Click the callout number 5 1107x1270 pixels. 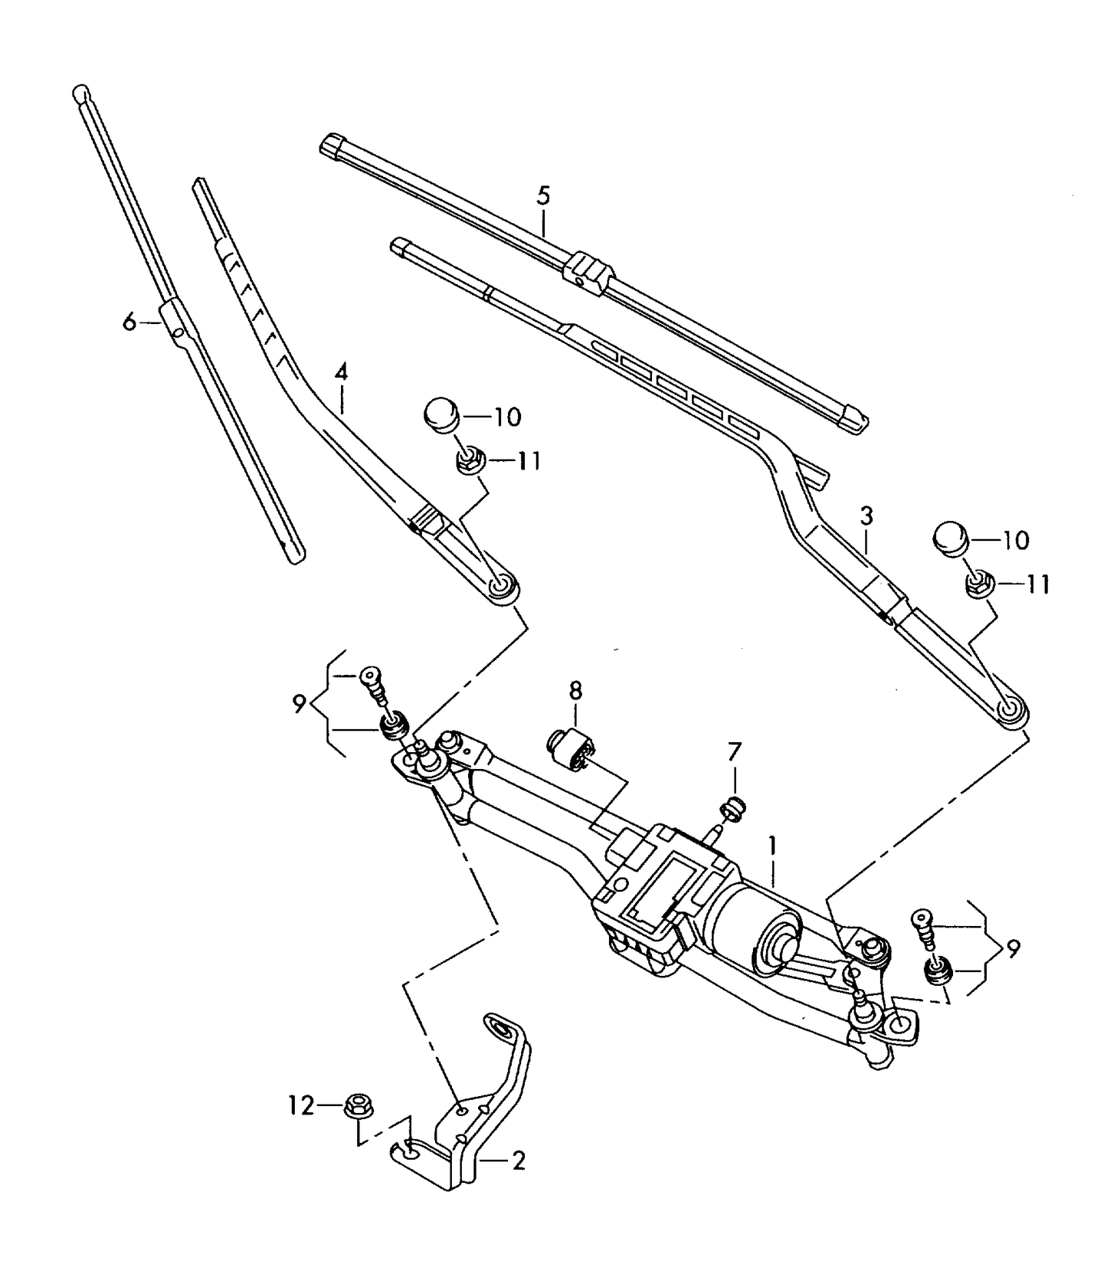tap(543, 195)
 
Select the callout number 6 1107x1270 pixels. tap(129, 322)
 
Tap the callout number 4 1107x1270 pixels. tap(341, 373)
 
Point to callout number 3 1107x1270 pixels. tap(866, 516)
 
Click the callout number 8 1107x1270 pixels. tap(575, 691)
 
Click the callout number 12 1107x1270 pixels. tap(301, 1105)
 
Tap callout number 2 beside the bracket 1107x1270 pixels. tap(519, 1161)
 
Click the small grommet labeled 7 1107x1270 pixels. tap(735, 808)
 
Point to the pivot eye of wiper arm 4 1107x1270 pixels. tap(503, 587)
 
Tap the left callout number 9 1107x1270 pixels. tap(299, 703)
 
